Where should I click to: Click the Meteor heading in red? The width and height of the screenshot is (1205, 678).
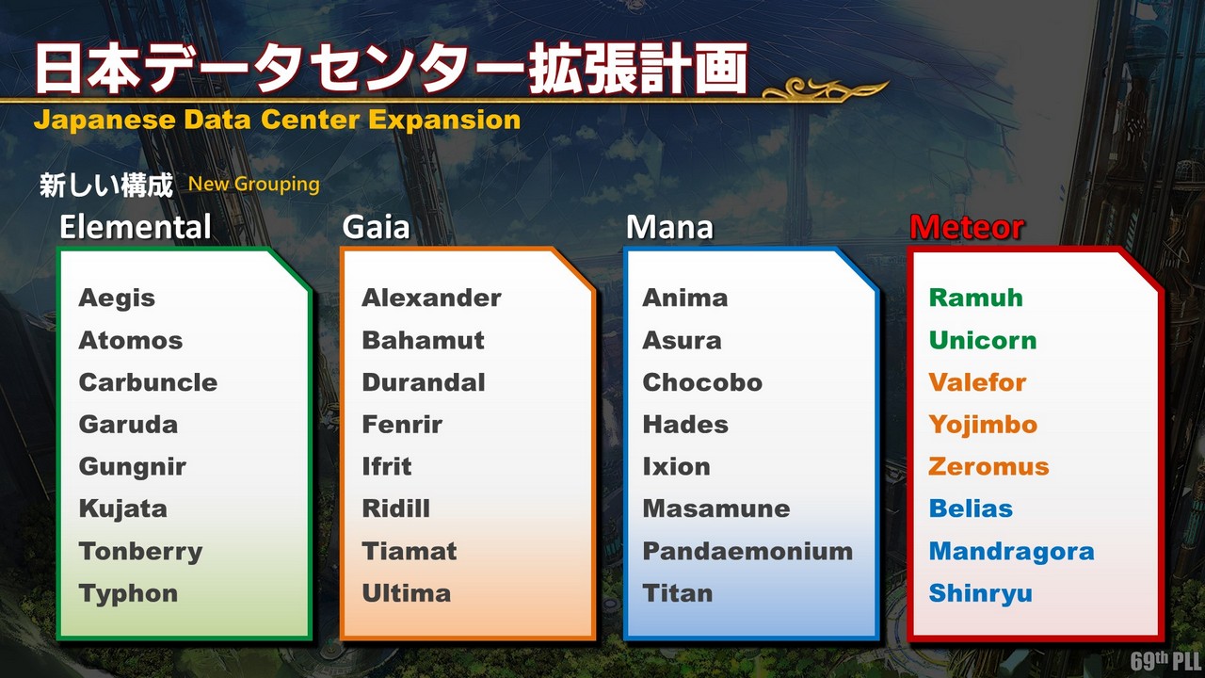coord(967,227)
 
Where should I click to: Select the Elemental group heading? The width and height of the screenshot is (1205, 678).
coord(135,227)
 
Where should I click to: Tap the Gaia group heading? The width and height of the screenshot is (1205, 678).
coord(376,227)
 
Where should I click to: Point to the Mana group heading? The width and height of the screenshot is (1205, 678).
coord(669,227)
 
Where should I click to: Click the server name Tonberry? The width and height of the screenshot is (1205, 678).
coord(140,552)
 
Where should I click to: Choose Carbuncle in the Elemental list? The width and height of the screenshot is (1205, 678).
coord(148,382)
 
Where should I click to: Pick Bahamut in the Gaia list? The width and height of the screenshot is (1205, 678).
coord(423,340)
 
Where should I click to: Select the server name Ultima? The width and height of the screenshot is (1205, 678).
coord(406,593)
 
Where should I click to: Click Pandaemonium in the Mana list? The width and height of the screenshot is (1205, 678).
coord(747,551)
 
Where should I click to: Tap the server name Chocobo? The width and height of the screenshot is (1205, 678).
coord(702,382)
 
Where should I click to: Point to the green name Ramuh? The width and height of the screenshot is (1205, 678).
coord(976,298)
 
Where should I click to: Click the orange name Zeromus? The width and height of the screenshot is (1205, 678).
coord(988,466)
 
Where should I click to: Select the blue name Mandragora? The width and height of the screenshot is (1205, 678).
coord(1012,551)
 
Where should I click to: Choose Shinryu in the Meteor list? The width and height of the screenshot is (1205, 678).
coord(981,594)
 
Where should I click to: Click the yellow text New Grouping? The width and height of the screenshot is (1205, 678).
coord(254,185)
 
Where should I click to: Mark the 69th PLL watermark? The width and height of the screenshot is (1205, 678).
coord(1166,661)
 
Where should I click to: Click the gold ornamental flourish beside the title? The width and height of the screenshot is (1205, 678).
coord(826,89)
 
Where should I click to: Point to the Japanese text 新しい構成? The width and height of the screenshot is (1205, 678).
coord(106,186)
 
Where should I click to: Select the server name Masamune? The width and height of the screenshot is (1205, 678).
coord(716,508)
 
